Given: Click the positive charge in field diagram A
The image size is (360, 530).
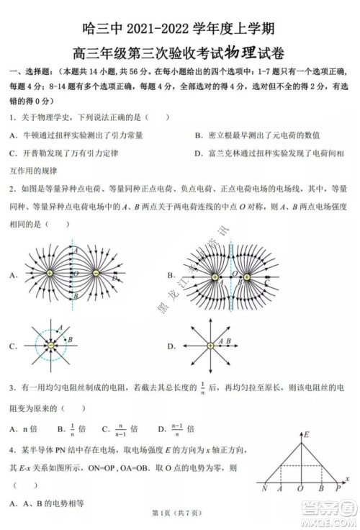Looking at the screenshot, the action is click(51, 274).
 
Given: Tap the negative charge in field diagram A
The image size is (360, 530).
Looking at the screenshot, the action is click(99, 274).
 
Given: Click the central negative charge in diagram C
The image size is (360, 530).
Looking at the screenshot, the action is click(51, 346).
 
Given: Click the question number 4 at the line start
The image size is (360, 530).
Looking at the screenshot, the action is click(12, 450).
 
